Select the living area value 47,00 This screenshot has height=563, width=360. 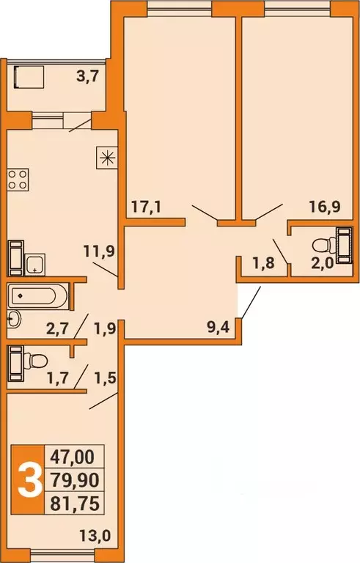coord(72,457)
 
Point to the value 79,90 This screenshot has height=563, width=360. coord(72,479)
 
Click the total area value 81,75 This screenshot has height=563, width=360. coord(72,502)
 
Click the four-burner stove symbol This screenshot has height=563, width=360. coord(18,180)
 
